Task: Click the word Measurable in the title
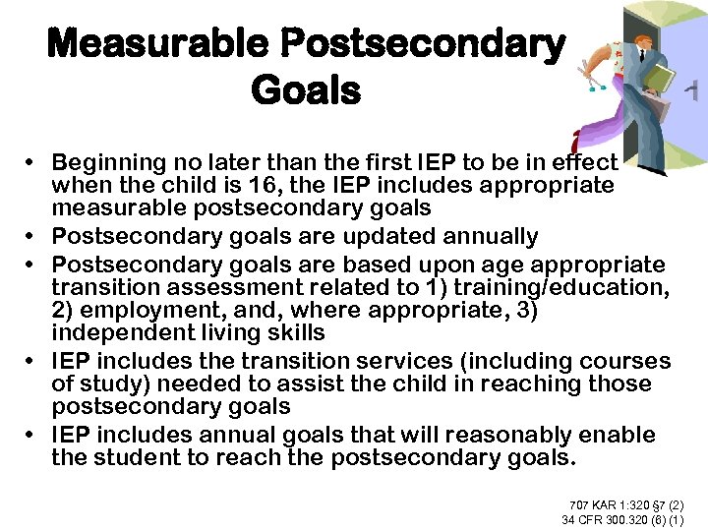click(158, 44)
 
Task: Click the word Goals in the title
click(306, 91)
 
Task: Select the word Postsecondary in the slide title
click(422, 44)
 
